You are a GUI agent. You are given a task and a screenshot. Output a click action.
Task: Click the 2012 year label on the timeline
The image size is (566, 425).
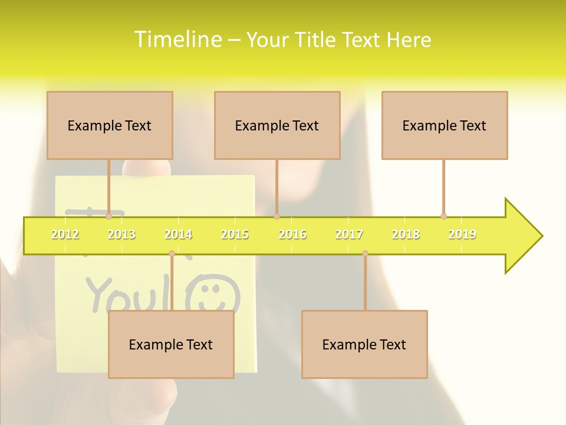tap(65, 235)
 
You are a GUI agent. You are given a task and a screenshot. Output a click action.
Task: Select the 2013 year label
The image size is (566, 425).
tap(121, 235)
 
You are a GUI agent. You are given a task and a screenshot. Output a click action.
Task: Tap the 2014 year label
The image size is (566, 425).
tap(178, 235)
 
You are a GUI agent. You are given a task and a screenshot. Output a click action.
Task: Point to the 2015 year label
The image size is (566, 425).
tap(235, 235)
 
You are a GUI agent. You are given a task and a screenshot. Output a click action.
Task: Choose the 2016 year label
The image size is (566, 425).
tap(292, 235)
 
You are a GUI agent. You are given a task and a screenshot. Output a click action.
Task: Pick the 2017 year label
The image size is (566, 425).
tap(349, 235)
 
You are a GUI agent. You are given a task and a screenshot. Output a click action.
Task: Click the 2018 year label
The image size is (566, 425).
tap(406, 235)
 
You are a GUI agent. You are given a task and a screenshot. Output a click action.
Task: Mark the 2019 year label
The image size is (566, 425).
tap(462, 235)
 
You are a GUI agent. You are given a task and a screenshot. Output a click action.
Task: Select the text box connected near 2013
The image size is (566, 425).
tap(110, 125)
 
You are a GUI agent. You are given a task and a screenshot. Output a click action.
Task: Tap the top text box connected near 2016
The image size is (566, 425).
tap(277, 125)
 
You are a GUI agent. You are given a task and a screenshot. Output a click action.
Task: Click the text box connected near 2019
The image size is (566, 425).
tap(445, 125)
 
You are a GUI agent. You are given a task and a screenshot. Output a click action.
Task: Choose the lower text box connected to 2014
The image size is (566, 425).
tap(171, 344)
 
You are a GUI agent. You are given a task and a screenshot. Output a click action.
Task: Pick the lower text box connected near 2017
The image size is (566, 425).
tap(364, 344)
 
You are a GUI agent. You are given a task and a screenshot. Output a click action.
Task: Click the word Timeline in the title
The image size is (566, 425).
tap(177, 40)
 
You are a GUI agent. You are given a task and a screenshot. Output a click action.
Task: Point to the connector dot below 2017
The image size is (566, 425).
tap(365, 254)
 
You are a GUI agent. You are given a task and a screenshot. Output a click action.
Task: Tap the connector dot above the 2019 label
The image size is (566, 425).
tap(443, 216)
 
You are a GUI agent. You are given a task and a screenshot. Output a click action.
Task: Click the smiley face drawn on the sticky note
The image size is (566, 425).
tap(213, 295)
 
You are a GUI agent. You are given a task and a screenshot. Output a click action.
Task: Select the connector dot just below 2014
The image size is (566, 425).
tap(172, 254)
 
